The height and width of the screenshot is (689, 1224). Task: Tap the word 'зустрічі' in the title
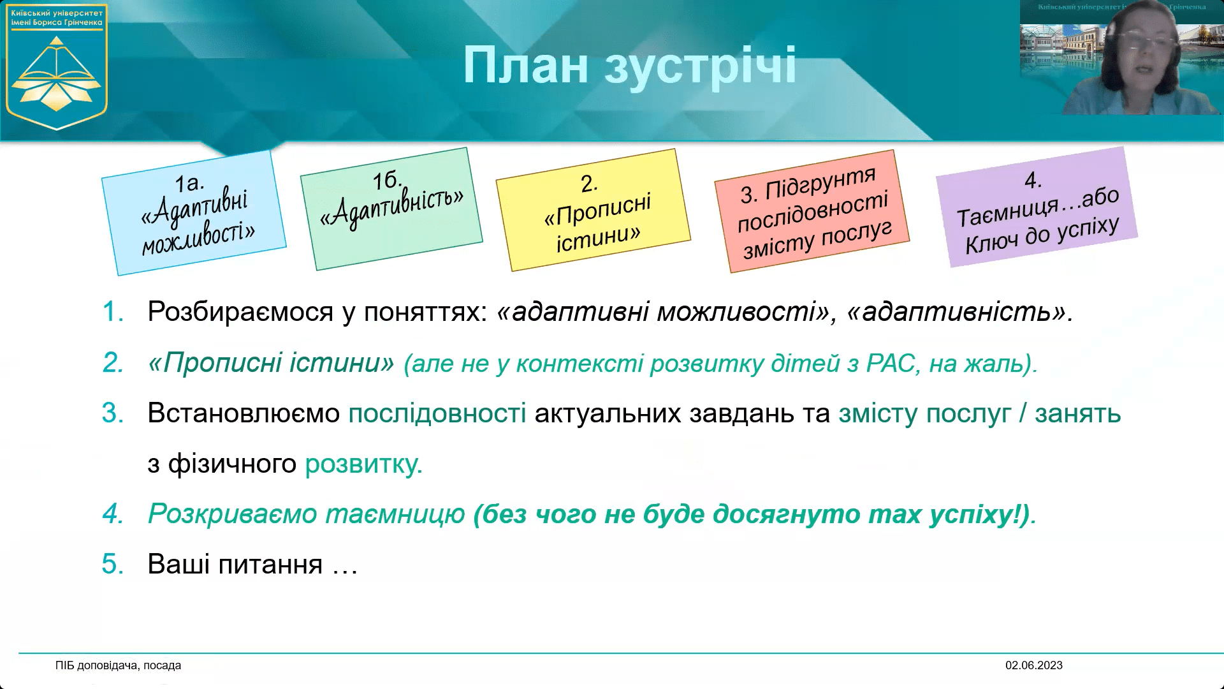pos(700,65)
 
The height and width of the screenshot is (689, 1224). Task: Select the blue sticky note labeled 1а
pos(194,213)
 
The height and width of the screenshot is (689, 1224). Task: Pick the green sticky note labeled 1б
pos(391,208)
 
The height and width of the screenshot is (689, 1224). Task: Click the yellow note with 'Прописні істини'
pos(594,211)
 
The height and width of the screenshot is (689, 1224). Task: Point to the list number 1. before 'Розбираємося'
pos(113,312)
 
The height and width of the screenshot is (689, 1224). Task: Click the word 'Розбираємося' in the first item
pos(240,312)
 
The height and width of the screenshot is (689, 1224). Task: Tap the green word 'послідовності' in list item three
pos(437,413)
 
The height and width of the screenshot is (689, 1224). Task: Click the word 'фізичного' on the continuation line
pos(232,464)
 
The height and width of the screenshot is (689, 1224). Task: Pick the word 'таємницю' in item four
pos(395,514)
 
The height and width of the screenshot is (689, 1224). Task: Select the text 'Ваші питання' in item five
pos(235,565)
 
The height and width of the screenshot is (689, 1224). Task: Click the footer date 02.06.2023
pos(1033,665)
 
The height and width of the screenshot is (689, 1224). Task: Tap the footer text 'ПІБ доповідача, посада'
pos(118,665)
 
